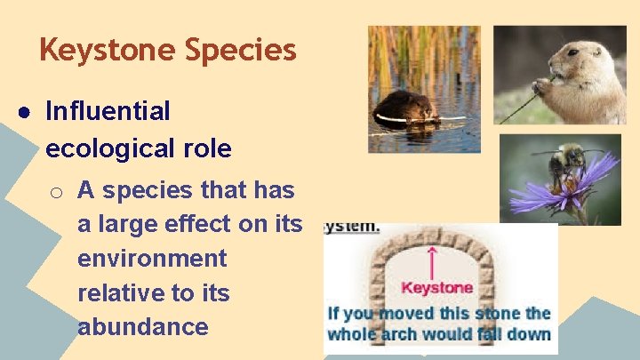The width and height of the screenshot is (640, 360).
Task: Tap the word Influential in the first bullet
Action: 108,112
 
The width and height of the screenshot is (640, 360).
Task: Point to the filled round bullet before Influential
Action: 27,113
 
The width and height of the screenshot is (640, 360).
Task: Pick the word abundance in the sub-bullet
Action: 142,326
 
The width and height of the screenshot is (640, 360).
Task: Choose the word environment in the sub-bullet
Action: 152,259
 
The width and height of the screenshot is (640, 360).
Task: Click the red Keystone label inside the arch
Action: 436,288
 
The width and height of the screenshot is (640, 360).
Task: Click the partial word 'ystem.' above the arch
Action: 351,227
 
